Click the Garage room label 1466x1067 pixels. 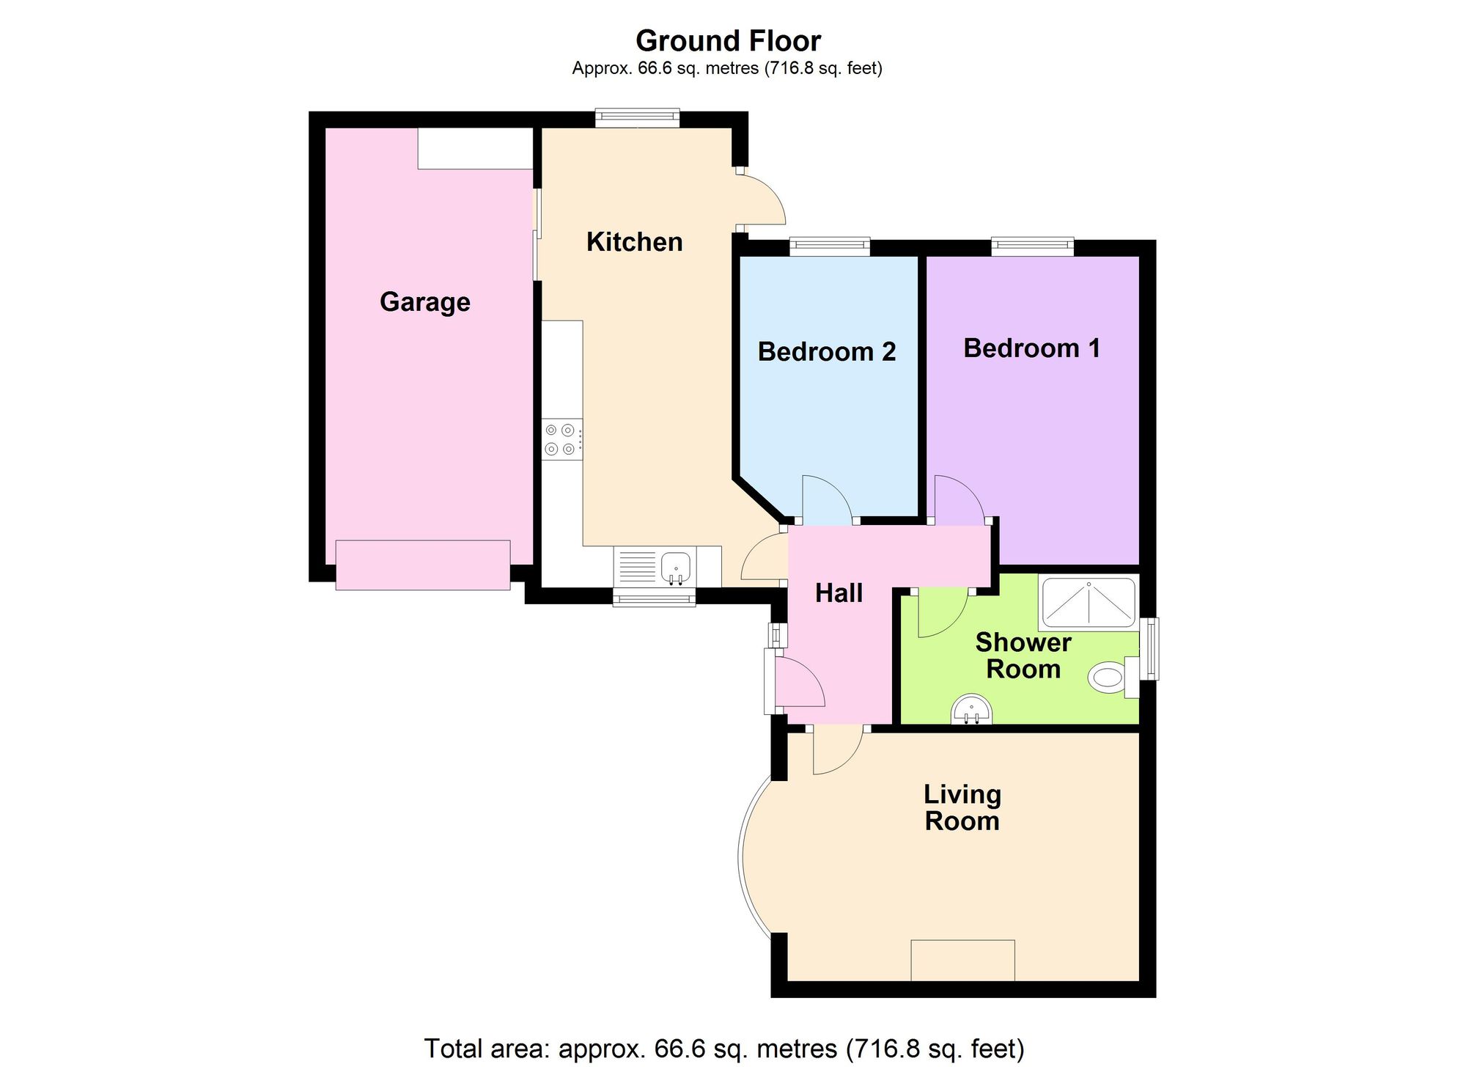[x=425, y=302]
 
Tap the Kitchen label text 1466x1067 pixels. [x=635, y=242]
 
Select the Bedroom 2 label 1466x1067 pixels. [x=827, y=352]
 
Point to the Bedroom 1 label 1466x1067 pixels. [x=1032, y=348]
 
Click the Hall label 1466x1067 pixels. [x=839, y=593]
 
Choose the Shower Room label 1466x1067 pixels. [x=1023, y=656]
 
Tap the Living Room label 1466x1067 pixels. [x=962, y=807]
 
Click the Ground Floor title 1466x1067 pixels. [x=728, y=41]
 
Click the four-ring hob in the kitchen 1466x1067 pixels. [x=562, y=439]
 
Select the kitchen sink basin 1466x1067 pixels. [x=676, y=567]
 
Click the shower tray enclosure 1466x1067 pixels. [x=1089, y=604]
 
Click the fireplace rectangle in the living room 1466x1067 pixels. [x=963, y=960]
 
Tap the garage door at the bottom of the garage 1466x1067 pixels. [x=423, y=565]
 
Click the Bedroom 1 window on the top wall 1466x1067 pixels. [x=1033, y=246]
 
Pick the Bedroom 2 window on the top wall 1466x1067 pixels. [x=830, y=246]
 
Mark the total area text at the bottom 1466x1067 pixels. [x=724, y=1049]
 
